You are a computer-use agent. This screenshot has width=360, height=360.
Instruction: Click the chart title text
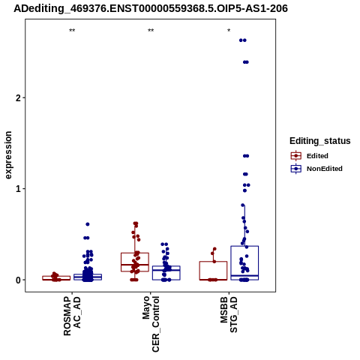151,8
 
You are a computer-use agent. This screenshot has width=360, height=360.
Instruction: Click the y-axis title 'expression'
8,155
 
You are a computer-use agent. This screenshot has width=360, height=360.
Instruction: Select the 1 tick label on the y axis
17,189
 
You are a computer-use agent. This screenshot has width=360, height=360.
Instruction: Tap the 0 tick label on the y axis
17,280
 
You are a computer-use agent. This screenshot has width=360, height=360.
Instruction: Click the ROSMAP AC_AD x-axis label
72,316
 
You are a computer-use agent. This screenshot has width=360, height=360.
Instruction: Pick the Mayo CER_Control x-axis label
151,324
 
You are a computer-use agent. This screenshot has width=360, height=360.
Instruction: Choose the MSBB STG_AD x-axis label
229,314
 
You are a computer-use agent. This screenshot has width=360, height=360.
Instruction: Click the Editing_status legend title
320,141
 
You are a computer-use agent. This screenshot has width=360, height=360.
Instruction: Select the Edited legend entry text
317,156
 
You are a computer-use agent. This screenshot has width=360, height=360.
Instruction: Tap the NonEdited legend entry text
325,169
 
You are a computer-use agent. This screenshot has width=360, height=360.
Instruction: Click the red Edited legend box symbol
296,156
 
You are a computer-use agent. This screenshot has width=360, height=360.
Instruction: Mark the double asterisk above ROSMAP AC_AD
72,31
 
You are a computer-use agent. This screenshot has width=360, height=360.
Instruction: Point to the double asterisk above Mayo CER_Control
151,31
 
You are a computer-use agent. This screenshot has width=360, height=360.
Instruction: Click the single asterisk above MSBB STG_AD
229,31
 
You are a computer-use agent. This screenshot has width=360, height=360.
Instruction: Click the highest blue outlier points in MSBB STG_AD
243,40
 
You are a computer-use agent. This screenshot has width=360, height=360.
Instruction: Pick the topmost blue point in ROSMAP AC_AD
88,224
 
